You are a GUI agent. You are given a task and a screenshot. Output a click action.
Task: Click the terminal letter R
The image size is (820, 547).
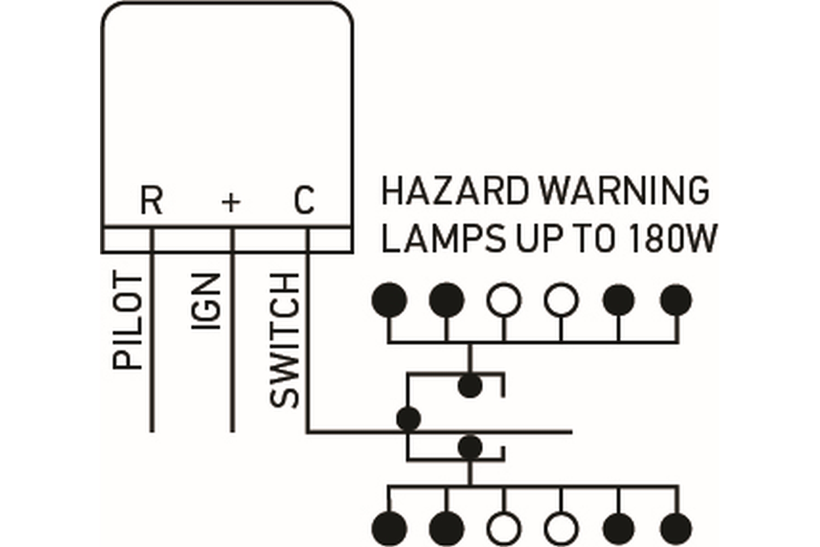click(x=151, y=200)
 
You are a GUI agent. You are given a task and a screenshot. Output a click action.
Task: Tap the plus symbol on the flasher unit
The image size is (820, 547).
click(x=231, y=202)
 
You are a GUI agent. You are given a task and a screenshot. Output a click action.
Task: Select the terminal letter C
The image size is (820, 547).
click(x=304, y=200)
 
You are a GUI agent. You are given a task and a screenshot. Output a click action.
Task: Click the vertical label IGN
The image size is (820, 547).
click(x=206, y=301)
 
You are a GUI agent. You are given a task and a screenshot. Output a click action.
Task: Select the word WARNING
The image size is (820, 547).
click(x=623, y=191)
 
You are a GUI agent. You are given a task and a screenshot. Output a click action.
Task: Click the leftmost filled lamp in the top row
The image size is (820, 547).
click(x=389, y=300)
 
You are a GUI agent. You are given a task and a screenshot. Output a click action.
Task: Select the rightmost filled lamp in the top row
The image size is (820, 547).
click(x=676, y=300)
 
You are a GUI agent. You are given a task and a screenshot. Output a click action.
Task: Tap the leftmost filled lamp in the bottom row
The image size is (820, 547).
click(x=389, y=528)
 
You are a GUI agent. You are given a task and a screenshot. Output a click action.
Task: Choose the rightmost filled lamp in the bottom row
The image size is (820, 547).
click(x=676, y=528)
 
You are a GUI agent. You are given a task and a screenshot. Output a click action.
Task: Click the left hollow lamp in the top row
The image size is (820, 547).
click(x=503, y=300)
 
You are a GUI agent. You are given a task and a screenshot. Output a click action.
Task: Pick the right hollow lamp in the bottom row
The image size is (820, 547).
click(x=561, y=528)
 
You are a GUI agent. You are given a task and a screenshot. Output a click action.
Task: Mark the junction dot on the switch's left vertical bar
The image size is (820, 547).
click(x=408, y=419)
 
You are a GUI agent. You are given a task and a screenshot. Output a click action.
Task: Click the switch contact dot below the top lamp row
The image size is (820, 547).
click(x=470, y=386)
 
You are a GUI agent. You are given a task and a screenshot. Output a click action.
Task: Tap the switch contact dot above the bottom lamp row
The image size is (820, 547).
click(x=470, y=447)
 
